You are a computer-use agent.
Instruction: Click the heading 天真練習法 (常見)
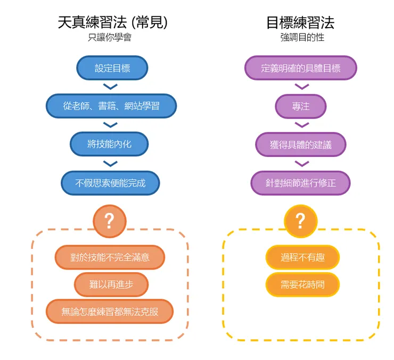(x=112, y=22)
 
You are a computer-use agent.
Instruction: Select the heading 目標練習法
(x=301, y=22)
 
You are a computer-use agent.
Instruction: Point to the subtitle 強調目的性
(x=302, y=38)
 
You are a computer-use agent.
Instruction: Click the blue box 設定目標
(x=112, y=68)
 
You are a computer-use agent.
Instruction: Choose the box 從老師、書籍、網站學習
(x=111, y=106)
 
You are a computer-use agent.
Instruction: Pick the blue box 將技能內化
(x=109, y=144)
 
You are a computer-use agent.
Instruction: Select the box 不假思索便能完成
(x=110, y=183)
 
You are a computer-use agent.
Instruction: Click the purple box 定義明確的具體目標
(x=300, y=68)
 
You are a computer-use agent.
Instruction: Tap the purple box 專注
(x=300, y=106)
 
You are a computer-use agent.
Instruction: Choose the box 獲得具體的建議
(x=300, y=144)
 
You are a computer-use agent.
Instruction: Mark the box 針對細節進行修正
(x=300, y=183)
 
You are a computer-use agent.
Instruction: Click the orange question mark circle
(x=109, y=221)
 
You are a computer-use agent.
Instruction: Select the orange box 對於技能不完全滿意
(x=110, y=257)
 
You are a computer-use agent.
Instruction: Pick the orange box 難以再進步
(x=111, y=284)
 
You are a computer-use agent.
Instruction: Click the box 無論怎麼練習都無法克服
(x=110, y=311)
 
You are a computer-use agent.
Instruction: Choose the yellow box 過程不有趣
(x=302, y=257)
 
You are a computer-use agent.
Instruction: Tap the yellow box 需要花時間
(x=302, y=284)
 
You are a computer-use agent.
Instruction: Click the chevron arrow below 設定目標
(x=110, y=87)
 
